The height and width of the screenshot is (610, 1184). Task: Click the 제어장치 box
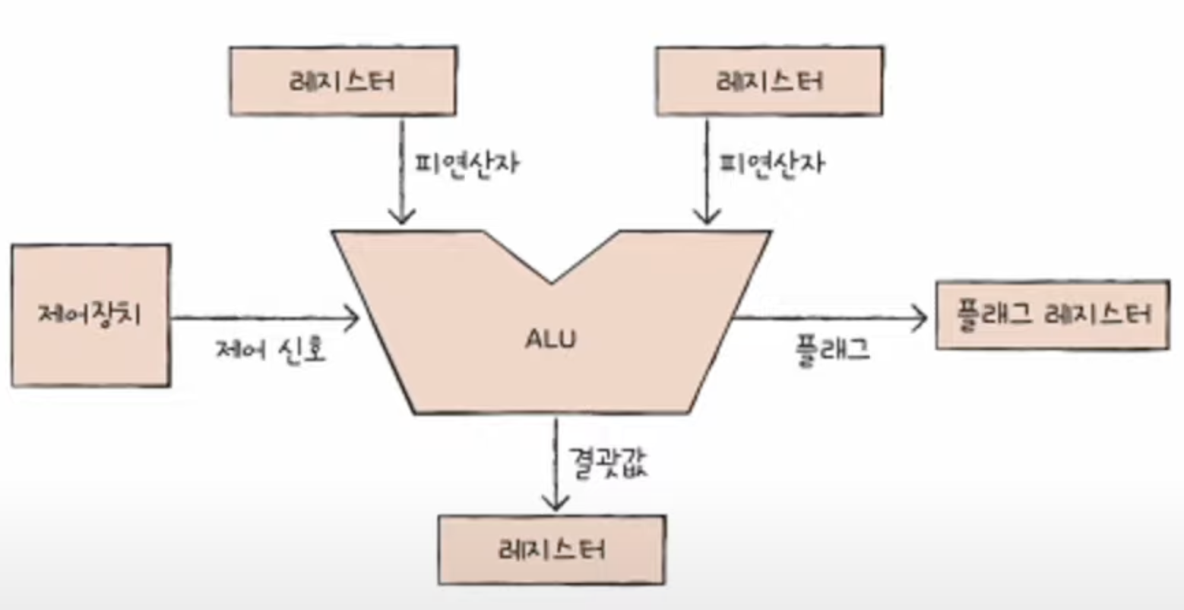(x=90, y=315)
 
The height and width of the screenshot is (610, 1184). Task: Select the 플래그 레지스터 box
(x=1052, y=315)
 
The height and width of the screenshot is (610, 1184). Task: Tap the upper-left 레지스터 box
(x=343, y=81)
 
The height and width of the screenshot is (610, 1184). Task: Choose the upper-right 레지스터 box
(x=769, y=81)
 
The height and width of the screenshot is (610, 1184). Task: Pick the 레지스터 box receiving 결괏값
(x=552, y=550)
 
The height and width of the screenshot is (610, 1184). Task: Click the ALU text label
(x=551, y=339)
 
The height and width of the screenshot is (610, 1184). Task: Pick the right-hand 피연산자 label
(x=771, y=164)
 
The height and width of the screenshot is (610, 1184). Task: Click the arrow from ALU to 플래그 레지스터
(x=828, y=319)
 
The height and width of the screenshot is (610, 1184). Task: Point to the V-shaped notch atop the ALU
(x=552, y=266)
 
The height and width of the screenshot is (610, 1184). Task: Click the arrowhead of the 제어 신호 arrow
(x=351, y=319)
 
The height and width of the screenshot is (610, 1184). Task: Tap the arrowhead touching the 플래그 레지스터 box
(x=920, y=319)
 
